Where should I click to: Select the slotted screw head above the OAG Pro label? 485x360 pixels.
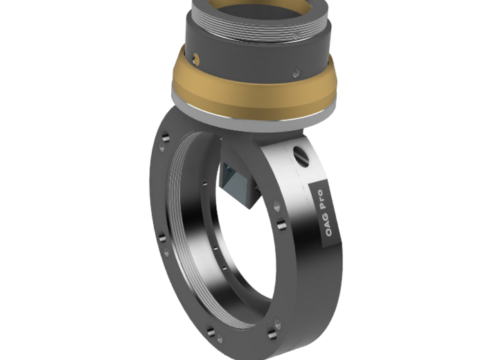click(302, 154)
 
